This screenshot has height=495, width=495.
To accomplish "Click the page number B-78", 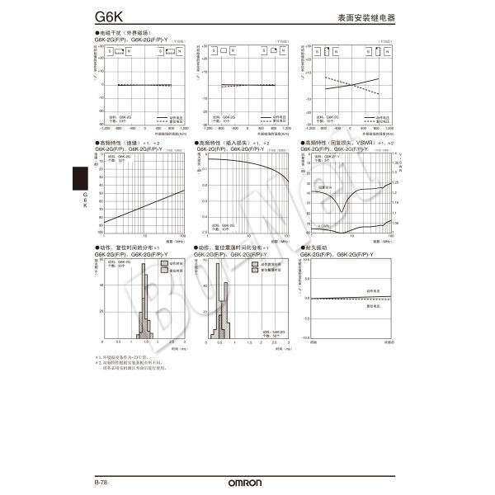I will [101, 482].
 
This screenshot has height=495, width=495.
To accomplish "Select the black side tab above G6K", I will [80, 177].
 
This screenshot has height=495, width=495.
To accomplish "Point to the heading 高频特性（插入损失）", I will [224, 143].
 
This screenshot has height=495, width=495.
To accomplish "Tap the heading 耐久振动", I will [318, 247].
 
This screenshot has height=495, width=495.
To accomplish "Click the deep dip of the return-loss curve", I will [340, 211].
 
